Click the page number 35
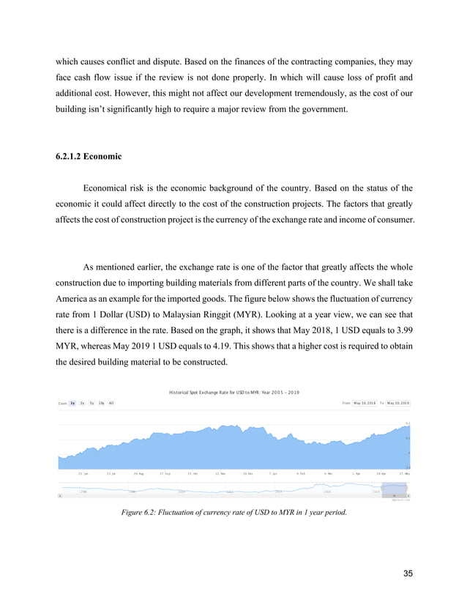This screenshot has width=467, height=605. [x=407, y=573]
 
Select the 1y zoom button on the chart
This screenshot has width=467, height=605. [x=72, y=403]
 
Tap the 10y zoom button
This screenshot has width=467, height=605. [x=101, y=403]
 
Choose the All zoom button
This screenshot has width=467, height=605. [x=111, y=403]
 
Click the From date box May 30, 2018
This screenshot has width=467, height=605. [x=364, y=403]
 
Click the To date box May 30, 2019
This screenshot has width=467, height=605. [x=398, y=403]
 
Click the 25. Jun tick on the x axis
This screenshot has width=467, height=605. [x=83, y=473]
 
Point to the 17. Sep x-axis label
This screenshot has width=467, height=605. [x=165, y=473]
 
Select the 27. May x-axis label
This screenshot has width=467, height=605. [x=404, y=473]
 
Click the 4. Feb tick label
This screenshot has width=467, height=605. [x=301, y=473]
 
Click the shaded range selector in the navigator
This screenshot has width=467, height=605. [x=394, y=489]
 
